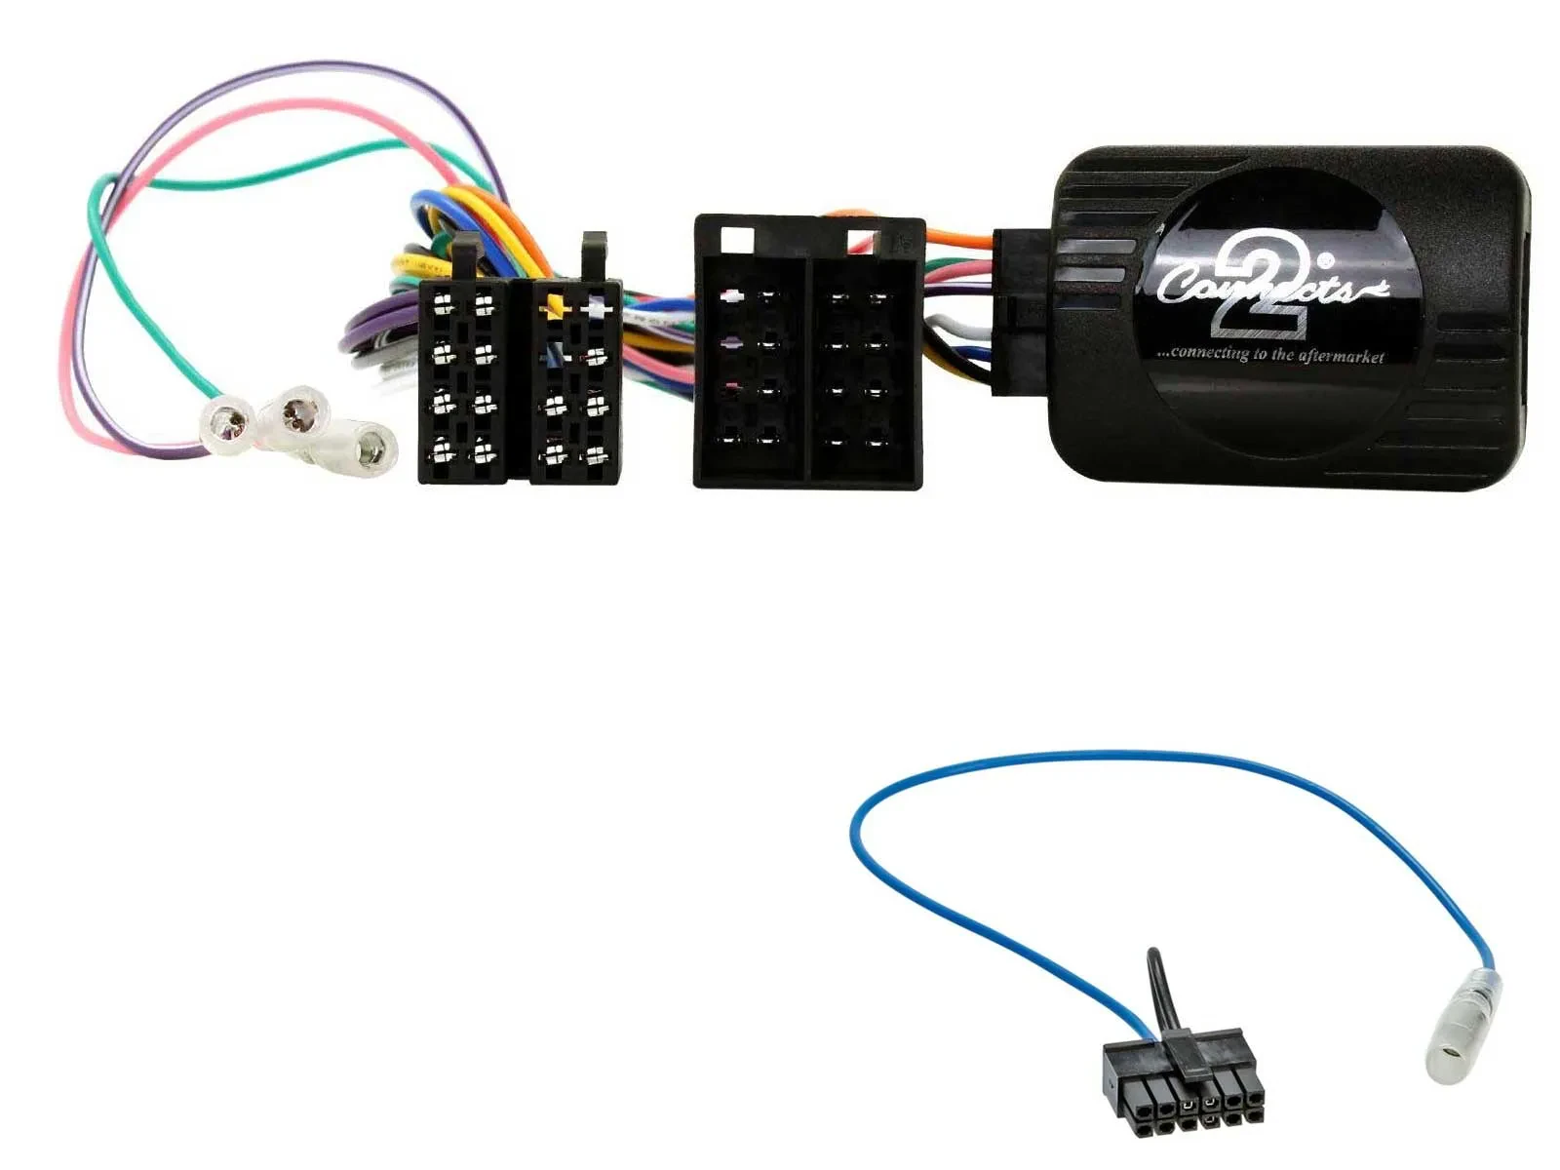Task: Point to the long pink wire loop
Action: click(x=73, y=322)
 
